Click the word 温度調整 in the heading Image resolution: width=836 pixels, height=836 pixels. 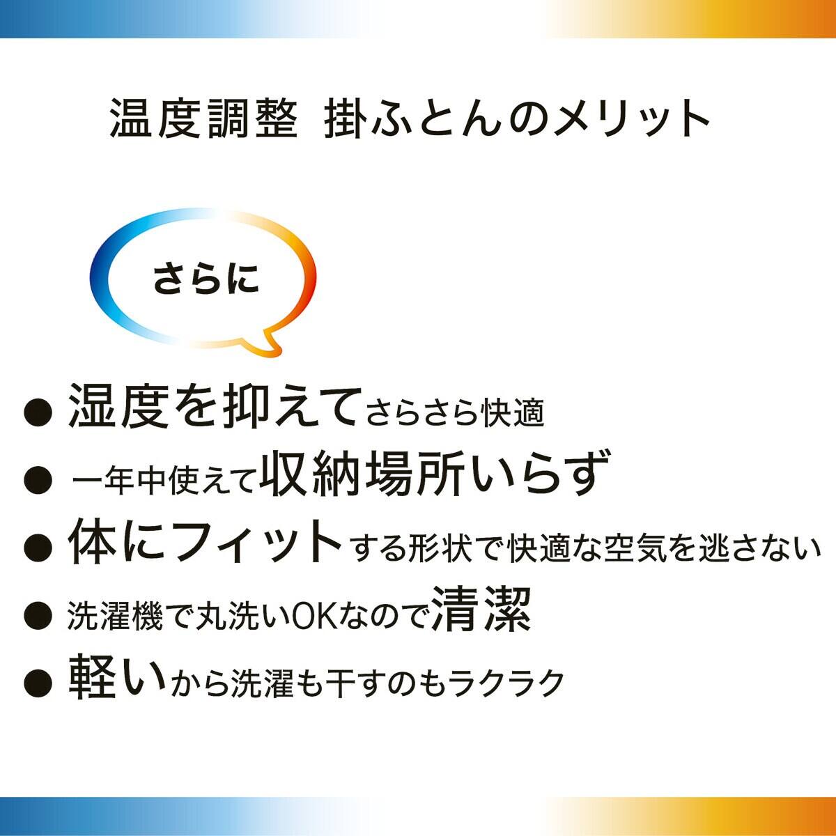(203, 118)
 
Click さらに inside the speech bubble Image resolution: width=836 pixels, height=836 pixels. (206, 278)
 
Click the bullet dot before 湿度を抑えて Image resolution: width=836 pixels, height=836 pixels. (38, 411)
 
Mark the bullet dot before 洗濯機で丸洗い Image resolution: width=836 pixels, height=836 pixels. (38, 613)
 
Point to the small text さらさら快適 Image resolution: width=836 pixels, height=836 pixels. (456, 414)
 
